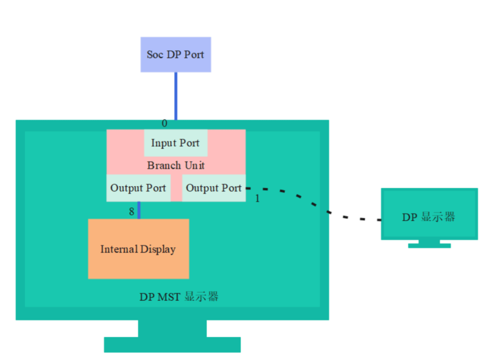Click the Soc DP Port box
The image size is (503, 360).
[x=176, y=54]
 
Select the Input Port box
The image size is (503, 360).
[x=176, y=143]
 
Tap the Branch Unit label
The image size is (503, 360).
[x=176, y=165]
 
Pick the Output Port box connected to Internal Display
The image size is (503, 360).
[x=138, y=188]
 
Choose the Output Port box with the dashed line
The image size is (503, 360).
[x=214, y=188]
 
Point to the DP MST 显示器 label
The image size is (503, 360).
[x=179, y=297]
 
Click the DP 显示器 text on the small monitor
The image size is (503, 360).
[x=428, y=217]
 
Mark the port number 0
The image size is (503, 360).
[x=164, y=123]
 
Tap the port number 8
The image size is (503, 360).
[x=131, y=212]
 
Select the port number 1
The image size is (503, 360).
[x=257, y=198]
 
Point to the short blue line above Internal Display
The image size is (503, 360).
[x=139, y=210]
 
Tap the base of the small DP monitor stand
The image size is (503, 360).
[x=429, y=246]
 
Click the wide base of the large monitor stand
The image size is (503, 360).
[x=172, y=345]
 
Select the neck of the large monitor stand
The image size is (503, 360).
[x=172, y=328]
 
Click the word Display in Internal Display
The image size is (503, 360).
[x=158, y=249]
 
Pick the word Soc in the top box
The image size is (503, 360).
[x=155, y=54]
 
